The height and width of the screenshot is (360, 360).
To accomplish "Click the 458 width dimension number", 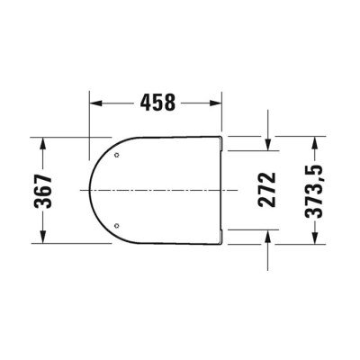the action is point(157,103).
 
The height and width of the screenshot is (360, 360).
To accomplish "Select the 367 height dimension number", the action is point(43,191).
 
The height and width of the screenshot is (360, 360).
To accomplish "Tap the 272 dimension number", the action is point(266,190).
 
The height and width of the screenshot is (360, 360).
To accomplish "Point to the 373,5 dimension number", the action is point(314,191).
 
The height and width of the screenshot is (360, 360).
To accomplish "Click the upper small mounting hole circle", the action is point(117,155).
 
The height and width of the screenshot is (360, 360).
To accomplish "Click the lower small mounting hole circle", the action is point(117,226).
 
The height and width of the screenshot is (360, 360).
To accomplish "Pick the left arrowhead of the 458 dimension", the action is point(95,103).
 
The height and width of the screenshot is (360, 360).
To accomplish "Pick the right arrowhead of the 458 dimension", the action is point(216,103).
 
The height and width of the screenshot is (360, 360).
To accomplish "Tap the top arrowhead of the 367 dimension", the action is point(43,143).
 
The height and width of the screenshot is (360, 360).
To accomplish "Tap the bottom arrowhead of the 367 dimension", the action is point(43,238).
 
